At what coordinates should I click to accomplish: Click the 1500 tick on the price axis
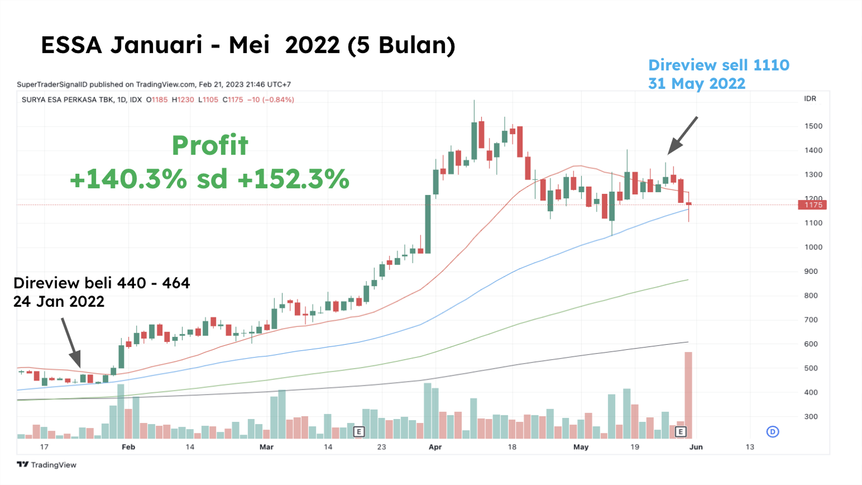coord(813,126)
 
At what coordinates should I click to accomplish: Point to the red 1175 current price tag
coord(813,205)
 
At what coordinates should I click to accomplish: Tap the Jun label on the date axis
coord(696,447)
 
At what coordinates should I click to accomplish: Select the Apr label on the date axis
coord(435,447)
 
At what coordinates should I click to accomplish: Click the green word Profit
coord(210,146)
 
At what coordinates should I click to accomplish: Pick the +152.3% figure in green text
coord(293,179)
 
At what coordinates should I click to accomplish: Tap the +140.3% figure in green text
coord(128,179)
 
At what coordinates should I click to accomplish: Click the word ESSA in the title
coord(71,45)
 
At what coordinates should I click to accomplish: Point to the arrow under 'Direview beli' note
coord(71,343)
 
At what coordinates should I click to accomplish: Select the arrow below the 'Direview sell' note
coord(682,135)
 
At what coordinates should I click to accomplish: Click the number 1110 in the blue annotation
coord(771,65)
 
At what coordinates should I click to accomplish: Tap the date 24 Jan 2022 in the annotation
coord(59,302)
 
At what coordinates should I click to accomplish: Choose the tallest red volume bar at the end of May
coord(688,394)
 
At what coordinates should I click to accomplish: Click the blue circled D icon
coord(773,431)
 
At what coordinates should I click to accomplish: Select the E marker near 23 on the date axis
coord(359,431)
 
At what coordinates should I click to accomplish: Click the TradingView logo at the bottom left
coord(46,465)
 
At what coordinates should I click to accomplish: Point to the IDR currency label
coord(810,99)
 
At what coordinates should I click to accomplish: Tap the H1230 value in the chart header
coord(183,100)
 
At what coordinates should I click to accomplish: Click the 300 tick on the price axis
coord(811,417)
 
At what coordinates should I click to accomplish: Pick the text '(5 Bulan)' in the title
coord(401,45)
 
